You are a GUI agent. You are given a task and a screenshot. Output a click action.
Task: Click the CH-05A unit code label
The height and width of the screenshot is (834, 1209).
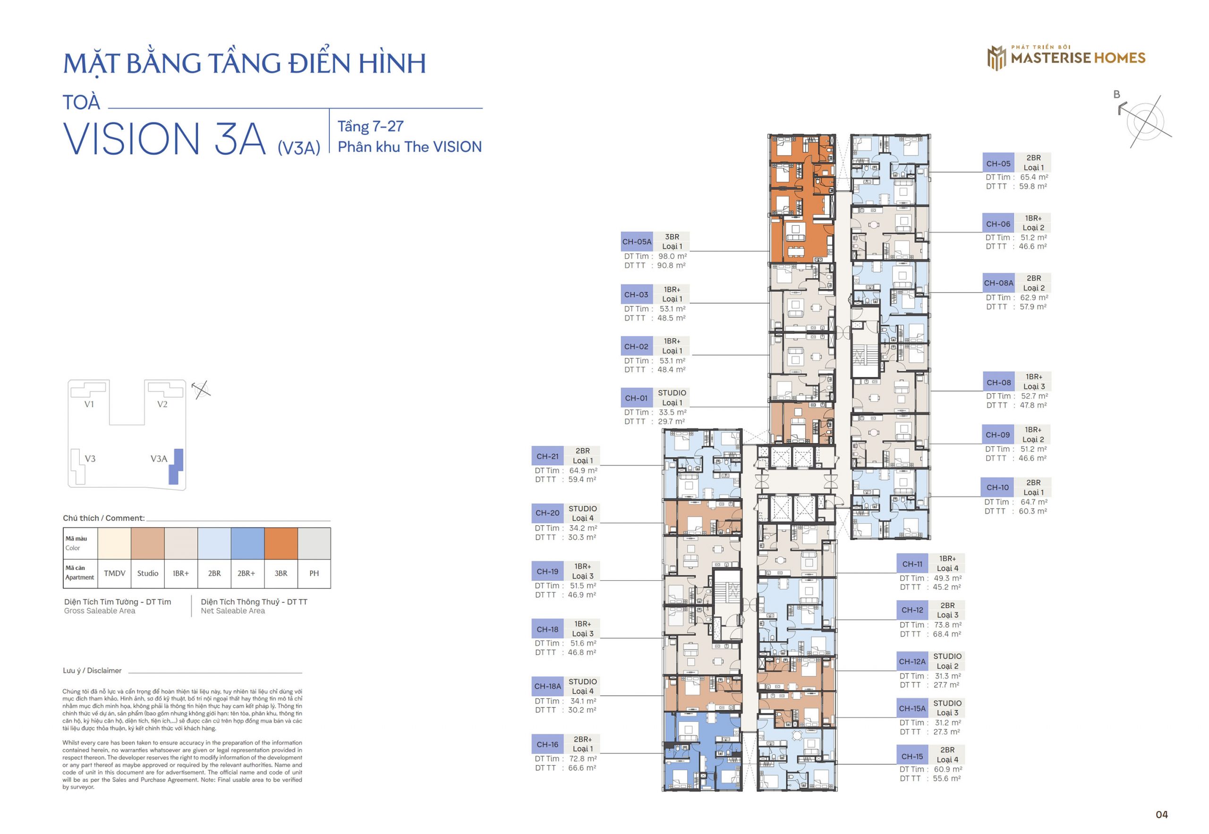pyautogui.click(x=636, y=242)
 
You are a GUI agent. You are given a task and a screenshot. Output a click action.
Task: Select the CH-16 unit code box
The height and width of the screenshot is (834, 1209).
pyautogui.click(x=547, y=745)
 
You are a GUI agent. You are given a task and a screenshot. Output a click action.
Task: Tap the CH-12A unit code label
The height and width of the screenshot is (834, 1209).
pyautogui.click(x=912, y=662)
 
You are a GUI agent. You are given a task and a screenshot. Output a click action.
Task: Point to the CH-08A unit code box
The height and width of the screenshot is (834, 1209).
pyautogui.click(x=998, y=283)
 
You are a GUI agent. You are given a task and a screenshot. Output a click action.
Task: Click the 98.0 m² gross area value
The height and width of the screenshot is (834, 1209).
pyautogui.click(x=672, y=256)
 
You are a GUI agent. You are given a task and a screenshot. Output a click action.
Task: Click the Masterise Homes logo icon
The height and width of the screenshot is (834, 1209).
pyautogui.click(x=996, y=58)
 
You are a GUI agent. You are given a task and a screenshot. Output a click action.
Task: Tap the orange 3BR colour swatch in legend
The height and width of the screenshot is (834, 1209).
pyautogui.click(x=281, y=544)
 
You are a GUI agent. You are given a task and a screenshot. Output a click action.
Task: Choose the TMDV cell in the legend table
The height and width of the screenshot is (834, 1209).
pyautogui.click(x=114, y=573)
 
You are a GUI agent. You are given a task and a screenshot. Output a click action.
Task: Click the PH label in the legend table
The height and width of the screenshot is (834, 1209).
pyautogui.click(x=314, y=573)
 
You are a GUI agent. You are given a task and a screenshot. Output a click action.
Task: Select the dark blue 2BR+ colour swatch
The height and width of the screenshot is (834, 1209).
pyautogui.click(x=247, y=544)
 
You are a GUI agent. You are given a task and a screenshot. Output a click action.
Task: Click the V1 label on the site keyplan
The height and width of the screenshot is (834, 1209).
pyautogui.click(x=89, y=404)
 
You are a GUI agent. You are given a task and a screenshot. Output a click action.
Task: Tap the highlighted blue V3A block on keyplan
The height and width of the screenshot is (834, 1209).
pyautogui.click(x=176, y=466)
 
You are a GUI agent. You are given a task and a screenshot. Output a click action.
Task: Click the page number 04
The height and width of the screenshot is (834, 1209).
pyautogui.click(x=1161, y=815)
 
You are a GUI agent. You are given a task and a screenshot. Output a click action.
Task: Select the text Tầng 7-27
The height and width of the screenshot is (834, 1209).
pyautogui.click(x=370, y=127)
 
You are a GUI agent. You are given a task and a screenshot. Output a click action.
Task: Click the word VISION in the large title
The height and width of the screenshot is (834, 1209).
pyautogui.click(x=132, y=139)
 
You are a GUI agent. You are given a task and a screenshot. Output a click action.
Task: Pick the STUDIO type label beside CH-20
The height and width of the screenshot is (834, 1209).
pyautogui.click(x=583, y=509)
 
